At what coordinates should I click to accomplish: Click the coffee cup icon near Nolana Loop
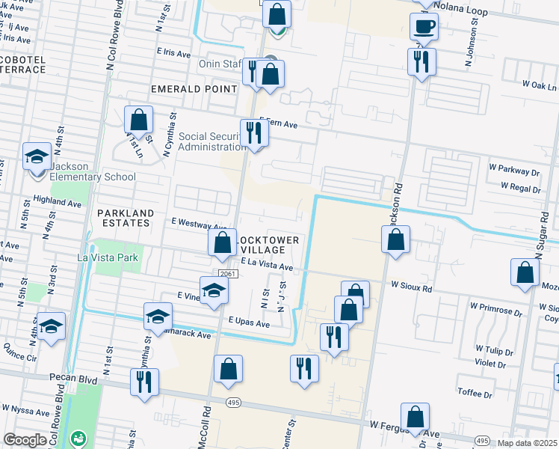coord(424,27)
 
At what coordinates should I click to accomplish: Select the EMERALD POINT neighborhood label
coord(194,88)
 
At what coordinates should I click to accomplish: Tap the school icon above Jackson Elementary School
coord(37,156)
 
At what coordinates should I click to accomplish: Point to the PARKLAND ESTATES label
coord(126,218)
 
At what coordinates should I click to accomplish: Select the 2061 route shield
coord(228,275)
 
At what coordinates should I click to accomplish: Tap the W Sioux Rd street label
coord(412,287)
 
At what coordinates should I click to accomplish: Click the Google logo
coord(25,439)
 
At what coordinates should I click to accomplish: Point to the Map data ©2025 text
coord(527,443)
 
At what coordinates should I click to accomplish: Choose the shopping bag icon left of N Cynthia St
coord(138,119)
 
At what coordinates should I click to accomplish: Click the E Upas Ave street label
coord(249,323)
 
